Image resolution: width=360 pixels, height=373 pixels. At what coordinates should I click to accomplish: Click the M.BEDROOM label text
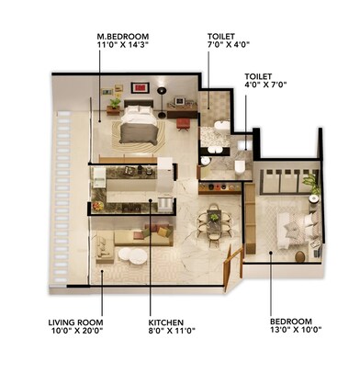(124, 36)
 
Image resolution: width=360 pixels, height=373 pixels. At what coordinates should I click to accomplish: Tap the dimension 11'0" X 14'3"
(124, 45)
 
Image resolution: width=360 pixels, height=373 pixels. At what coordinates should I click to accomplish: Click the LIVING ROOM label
(75, 322)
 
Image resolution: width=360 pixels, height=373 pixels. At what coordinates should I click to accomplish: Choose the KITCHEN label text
(171, 322)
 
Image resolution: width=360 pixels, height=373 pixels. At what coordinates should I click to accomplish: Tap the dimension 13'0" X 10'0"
(295, 332)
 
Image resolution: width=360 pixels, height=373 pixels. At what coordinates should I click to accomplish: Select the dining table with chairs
(214, 221)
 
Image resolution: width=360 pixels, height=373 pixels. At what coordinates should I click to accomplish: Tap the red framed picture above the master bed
(141, 87)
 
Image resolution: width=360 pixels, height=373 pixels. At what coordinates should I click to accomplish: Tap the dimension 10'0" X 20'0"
(75, 332)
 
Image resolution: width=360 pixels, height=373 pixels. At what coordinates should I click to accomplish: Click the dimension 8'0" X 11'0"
(171, 332)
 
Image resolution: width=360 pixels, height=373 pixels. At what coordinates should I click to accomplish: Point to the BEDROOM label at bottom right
(295, 322)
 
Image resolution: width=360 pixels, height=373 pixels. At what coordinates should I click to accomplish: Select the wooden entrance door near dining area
(235, 262)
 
